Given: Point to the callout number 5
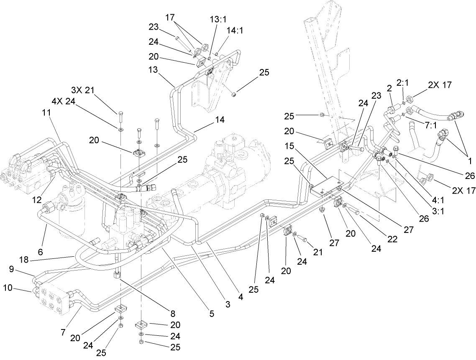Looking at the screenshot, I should [x=212, y=313].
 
